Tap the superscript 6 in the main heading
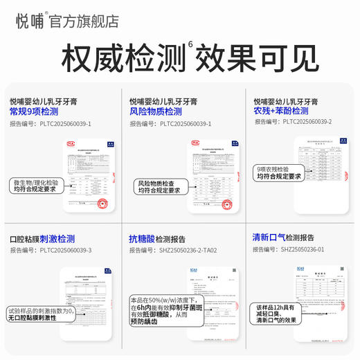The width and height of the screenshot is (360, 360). coord(191,46)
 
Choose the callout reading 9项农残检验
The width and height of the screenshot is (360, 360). coord(278,172)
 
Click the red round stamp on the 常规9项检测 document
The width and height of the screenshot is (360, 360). coord(102,204)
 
